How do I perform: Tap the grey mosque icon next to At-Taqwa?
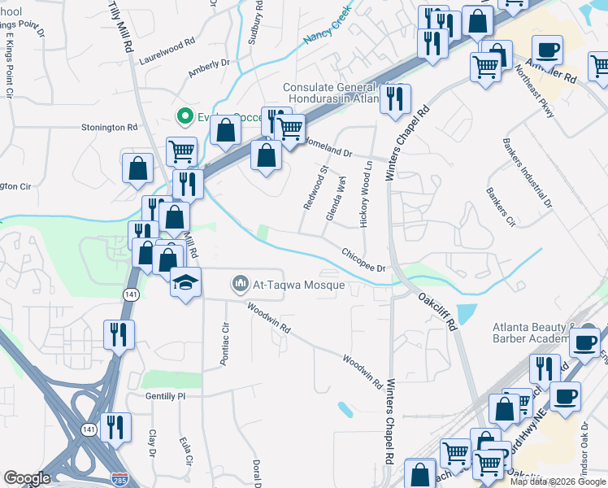pyautogui.click(x=240, y=284)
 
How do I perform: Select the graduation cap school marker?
pyautogui.click(x=185, y=283)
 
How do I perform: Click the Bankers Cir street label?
pyautogui.click(x=501, y=207)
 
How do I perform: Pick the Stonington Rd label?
pyautogui.click(x=109, y=128)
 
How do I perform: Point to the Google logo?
pyautogui.click(x=27, y=477)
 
